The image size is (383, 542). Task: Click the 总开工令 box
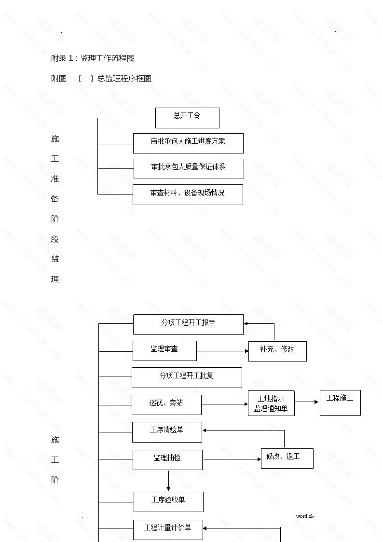tap(187, 118)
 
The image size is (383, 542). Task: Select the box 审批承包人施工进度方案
tap(188, 143)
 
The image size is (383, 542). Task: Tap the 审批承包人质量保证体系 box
tap(189, 169)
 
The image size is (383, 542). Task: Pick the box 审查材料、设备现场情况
tap(188, 195)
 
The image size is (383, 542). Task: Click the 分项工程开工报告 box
tap(188, 325)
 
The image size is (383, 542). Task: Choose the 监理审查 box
tap(165, 351)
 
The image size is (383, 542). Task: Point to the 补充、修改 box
tap(277, 351)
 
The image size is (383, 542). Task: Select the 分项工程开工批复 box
tap(187, 377)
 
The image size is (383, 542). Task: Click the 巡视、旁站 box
tap(166, 405)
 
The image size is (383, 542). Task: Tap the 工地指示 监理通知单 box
tap(271, 403)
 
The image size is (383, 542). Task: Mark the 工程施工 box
tap(340, 403)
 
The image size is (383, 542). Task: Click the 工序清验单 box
tap(167, 432)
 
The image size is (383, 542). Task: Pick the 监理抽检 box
tap(167, 460)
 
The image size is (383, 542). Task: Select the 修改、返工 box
tap(287, 459)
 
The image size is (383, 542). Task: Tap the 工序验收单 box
tap(168, 502)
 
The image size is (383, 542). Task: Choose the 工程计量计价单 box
tap(168, 530)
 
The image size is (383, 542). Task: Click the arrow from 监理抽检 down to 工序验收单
tap(168, 481)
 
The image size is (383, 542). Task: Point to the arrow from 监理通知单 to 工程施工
tap(307, 402)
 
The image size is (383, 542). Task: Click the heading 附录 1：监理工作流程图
tap(93, 58)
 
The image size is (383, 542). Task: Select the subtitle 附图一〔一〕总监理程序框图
tap(101, 79)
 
